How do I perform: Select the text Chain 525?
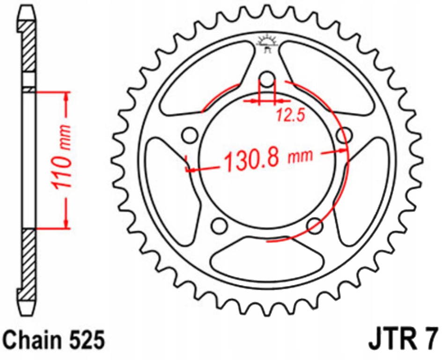[53, 340]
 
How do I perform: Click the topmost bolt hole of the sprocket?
[267, 78]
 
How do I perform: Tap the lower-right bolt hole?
[315, 225]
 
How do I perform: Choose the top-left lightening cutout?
[206, 77]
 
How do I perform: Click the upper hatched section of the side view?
[29, 47]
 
